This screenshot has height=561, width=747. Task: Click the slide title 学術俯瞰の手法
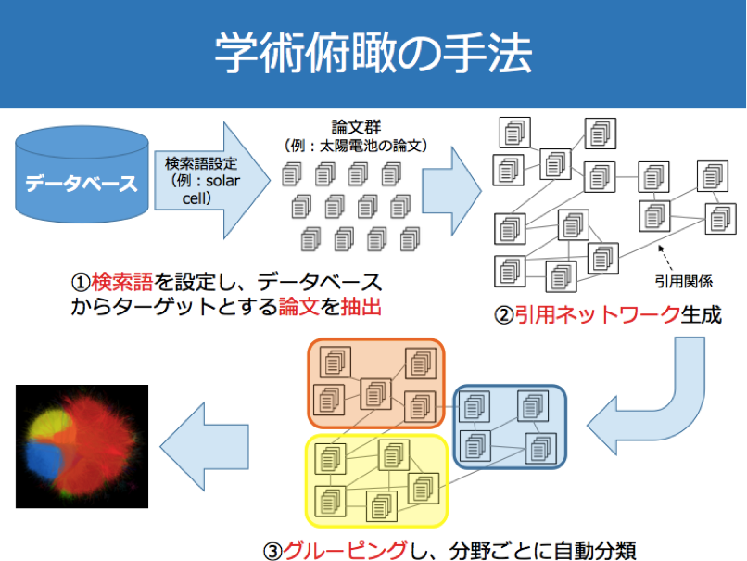[373, 54]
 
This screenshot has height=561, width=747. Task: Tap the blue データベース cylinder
[82, 181]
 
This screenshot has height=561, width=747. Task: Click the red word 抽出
[362, 306]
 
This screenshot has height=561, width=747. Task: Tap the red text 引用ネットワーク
[597, 316]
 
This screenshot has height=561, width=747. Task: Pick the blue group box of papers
[509, 427]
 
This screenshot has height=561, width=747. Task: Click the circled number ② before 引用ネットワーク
[503, 316]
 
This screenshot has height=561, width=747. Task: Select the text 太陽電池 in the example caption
[352, 147]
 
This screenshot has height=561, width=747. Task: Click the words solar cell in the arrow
[210, 190]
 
